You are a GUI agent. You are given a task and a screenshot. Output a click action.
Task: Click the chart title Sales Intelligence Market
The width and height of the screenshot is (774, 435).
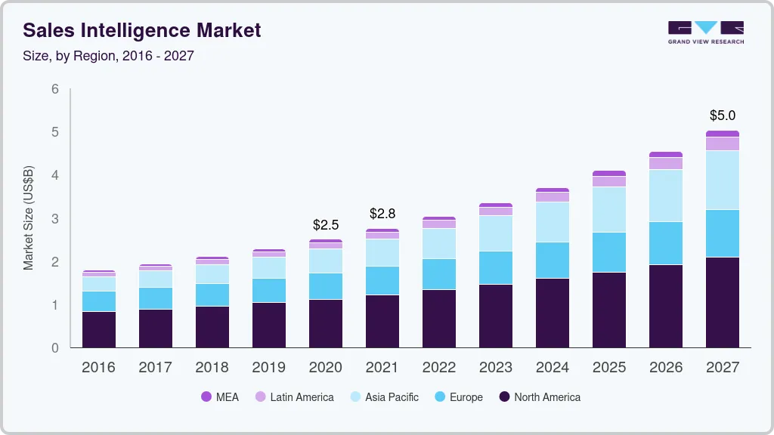click(142, 30)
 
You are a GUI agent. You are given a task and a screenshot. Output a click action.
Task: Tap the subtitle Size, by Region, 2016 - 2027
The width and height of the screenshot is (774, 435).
click(108, 56)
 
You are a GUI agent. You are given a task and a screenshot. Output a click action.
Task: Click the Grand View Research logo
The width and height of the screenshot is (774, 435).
click(705, 32)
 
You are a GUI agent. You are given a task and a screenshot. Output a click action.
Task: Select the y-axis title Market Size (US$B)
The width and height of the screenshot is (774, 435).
click(29, 218)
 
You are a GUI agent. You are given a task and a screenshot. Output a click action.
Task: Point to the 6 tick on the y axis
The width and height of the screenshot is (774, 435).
click(54, 89)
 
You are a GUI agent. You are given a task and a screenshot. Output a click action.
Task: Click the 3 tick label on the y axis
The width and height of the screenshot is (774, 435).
click(54, 219)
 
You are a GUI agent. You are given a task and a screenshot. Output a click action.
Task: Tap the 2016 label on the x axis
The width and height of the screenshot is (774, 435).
click(98, 368)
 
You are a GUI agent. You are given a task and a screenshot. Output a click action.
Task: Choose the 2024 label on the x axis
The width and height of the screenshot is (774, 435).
click(552, 368)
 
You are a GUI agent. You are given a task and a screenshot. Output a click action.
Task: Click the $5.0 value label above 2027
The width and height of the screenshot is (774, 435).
click(722, 116)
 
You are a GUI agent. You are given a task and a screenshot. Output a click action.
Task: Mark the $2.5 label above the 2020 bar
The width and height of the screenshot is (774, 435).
click(326, 225)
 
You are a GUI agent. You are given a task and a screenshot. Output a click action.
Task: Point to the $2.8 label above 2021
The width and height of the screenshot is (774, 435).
click(382, 214)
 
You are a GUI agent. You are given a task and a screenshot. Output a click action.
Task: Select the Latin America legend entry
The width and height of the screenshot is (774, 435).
click(294, 396)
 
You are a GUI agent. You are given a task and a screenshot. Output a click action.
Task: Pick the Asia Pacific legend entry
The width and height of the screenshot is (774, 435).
click(383, 396)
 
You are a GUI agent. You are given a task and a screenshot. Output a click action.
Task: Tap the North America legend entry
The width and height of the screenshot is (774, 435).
click(540, 396)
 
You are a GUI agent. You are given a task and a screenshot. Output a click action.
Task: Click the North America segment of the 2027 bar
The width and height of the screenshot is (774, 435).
click(722, 302)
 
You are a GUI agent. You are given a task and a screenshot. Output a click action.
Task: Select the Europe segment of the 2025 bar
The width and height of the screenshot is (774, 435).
click(608, 252)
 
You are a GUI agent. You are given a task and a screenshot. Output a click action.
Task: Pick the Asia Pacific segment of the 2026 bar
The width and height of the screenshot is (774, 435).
click(665, 196)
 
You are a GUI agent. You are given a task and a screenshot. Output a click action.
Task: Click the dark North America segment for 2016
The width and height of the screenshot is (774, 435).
click(98, 329)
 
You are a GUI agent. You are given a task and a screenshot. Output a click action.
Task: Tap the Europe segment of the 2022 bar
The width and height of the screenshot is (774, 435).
click(438, 274)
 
